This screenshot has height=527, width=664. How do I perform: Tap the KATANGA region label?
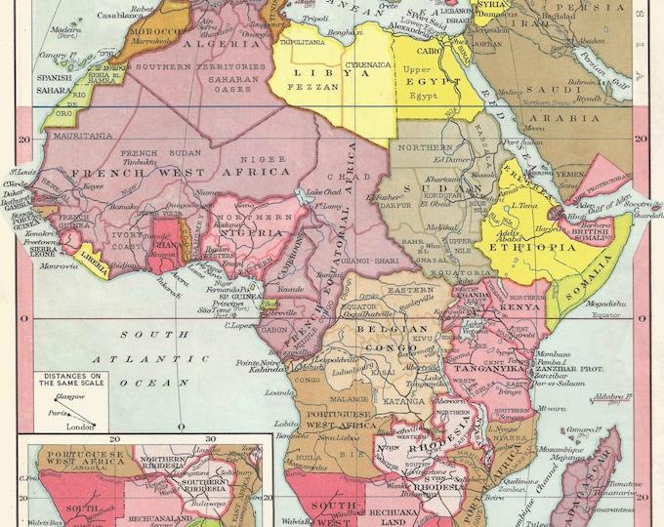point(403,400)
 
